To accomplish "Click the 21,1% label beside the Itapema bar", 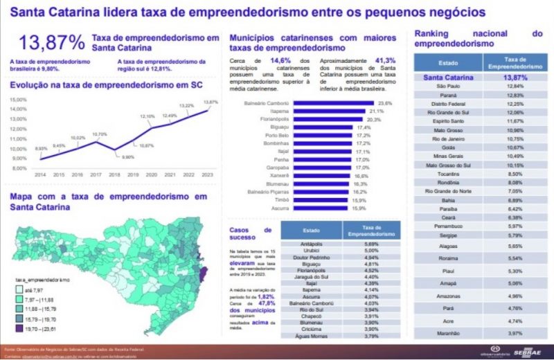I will coord(377,111).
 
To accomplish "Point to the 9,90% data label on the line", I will coord(109,157).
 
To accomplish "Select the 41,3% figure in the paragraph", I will coord(385,60).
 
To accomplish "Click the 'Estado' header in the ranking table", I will coord(448,62).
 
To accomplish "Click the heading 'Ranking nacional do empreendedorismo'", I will coord(478,37).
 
